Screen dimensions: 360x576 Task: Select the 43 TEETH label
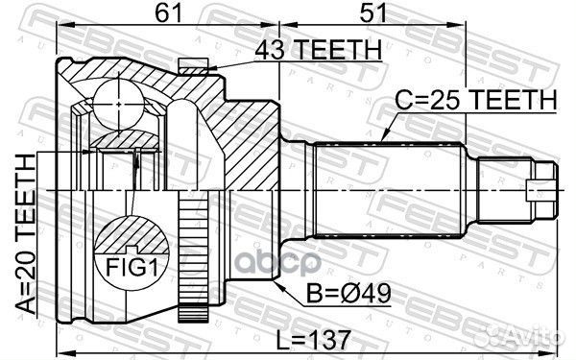tap(305, 50)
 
